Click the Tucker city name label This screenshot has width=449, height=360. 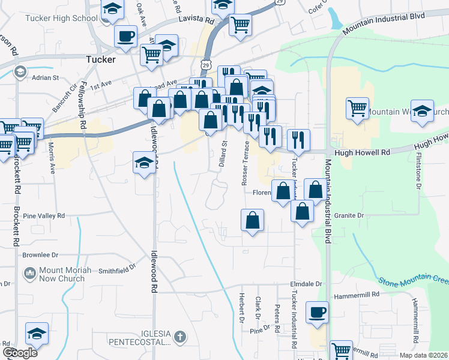100,59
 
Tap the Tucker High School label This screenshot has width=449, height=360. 61,18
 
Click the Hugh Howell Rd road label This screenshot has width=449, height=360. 362,153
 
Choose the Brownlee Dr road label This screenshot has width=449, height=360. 40,254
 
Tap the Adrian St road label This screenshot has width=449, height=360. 45,77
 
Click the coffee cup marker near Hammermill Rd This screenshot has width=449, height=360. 317,313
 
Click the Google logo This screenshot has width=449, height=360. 20,353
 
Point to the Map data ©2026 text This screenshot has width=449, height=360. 423,355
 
